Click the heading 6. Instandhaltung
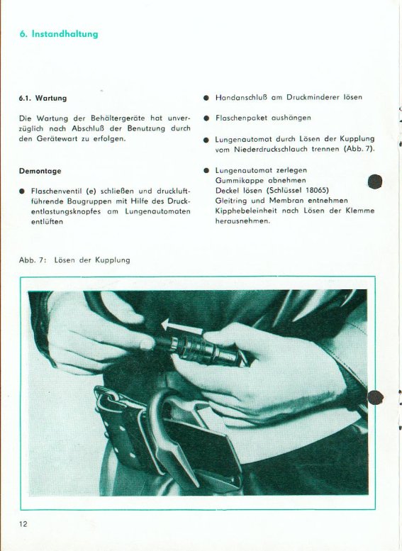[59, 34]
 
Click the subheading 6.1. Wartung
[43, 98]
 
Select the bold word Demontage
[40, 171]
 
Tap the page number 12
[23, 524]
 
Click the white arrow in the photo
[182, 326]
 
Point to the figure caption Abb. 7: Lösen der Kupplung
[74, 260]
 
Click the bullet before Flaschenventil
[22, 191]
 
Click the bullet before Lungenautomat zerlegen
[206, 171]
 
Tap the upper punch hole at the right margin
[375, 182]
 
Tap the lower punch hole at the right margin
[375, 397]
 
